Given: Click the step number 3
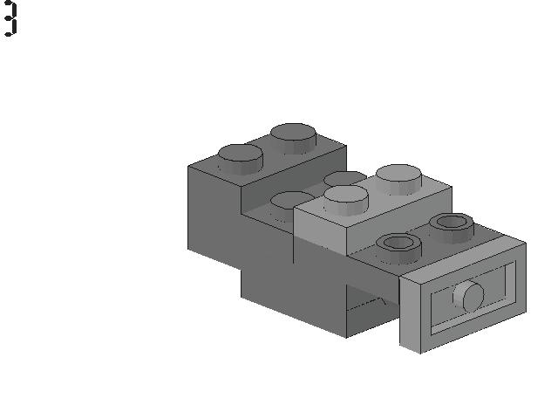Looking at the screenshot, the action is pyautogui.click(x=10, y=17).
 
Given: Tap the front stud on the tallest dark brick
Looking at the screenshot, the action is pyautogui.click(x=241, y=159).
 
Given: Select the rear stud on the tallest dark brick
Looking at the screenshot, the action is pyautogui.click(x=293, y=138).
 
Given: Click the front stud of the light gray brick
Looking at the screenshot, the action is pyautogui.click(x=346, y=200).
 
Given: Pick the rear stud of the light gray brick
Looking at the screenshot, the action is pyautogui.click(x=399, y=180).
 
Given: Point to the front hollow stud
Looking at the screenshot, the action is pyautogui.click(x=399, y=248).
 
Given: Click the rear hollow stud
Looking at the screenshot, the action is pyautogui.click(x=452, y=228).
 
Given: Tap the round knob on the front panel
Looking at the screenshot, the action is pyautogui.click(x=469, y=296).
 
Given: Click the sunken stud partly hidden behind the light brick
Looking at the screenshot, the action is pyautogui.click(x=344, y=178).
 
